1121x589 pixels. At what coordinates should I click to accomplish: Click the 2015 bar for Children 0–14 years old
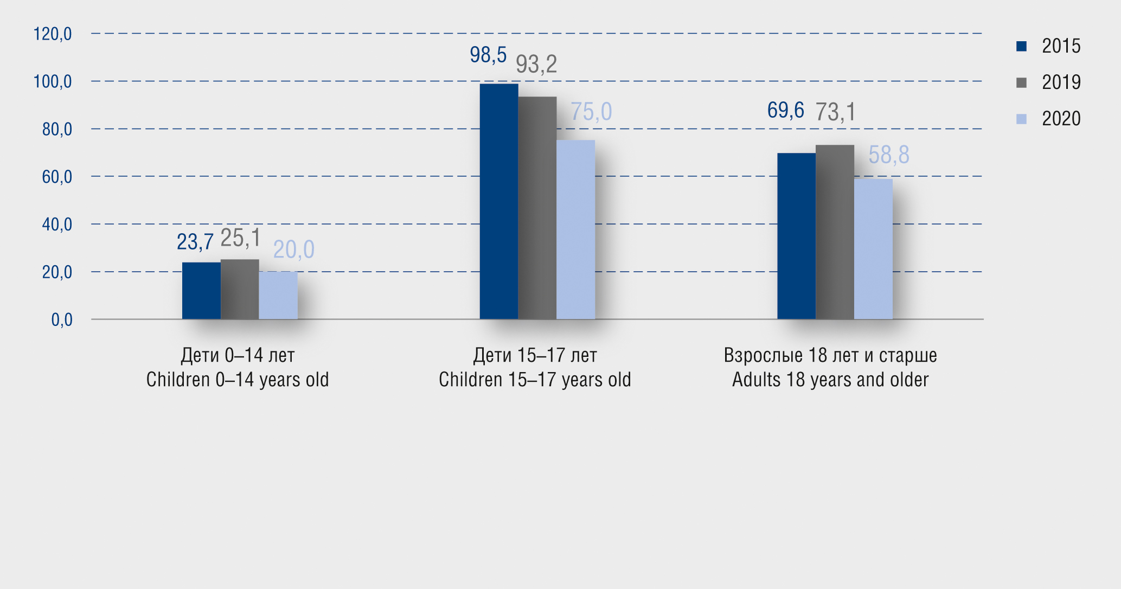[x=201, y=291]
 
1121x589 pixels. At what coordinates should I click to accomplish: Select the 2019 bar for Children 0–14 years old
[x=240, y=289]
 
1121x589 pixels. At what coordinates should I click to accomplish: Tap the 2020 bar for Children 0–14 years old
[x=278, y=295]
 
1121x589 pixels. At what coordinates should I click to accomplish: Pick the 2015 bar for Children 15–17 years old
[x=499, y=201]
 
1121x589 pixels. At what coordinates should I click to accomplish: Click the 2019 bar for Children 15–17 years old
[x=537, y=208]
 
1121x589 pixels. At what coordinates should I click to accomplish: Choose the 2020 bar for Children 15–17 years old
[x=576, y=229]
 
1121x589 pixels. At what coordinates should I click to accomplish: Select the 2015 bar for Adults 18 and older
[x=796, y=236]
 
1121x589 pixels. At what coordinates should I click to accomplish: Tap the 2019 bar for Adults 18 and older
[x=835, y=232]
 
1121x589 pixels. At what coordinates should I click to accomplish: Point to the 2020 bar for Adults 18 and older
[x=873, y=249]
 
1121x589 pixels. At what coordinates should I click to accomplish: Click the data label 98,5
[x=488, y=55]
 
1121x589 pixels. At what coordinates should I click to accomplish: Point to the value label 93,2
[x=536, y=65]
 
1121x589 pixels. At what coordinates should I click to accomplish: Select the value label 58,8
[x=889, y=155]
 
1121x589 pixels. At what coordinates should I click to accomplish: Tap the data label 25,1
[x=240, y=238]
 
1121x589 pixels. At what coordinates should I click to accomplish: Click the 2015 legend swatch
[x=1021, y=47]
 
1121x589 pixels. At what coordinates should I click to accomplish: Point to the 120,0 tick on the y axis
[x=53, y=34]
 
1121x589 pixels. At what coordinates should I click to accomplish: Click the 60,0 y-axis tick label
[x=57, y=177]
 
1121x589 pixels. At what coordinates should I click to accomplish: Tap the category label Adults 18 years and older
[x=830, y=380]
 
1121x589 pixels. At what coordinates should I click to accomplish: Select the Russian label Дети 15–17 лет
[x=535, y=356]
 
